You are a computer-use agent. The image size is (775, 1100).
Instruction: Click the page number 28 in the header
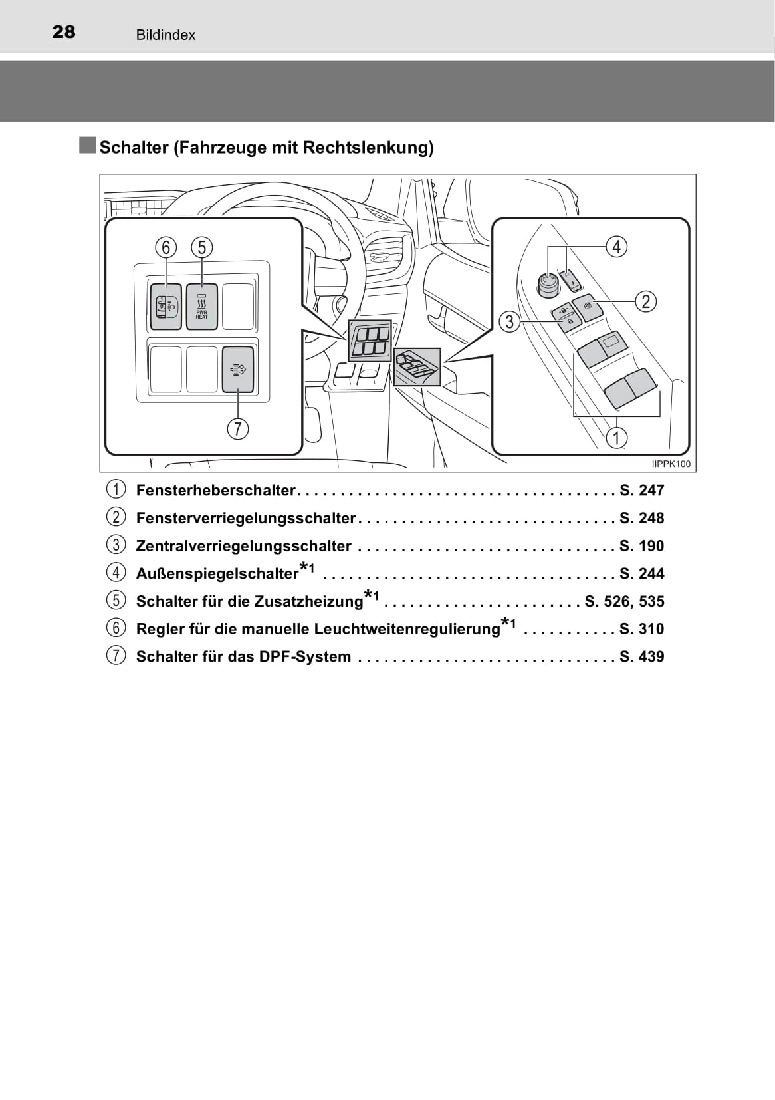[64, 32]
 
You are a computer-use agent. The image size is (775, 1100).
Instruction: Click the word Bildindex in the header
[166, 35]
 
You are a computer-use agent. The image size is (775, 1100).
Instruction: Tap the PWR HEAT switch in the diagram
[202, 306]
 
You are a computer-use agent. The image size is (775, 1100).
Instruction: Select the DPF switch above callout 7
[238, 369]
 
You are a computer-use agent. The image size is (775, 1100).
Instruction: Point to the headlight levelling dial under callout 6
[166, 306]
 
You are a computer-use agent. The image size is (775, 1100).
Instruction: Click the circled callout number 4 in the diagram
[616, 247]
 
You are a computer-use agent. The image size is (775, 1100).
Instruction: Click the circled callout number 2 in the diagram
[645, 301]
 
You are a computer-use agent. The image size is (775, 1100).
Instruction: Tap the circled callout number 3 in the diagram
[509, 322]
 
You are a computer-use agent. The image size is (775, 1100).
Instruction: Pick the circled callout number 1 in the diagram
[617, 438]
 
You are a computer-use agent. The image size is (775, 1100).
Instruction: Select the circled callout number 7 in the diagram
[237, 428]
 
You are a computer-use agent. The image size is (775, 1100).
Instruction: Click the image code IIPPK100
[671, 464]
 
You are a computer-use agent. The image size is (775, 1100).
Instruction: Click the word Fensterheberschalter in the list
[215, 491]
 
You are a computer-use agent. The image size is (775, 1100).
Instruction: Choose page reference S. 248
[641, 518]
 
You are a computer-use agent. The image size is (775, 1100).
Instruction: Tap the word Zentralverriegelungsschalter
[243, 546]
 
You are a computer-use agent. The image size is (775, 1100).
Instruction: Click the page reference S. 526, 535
[624, 601]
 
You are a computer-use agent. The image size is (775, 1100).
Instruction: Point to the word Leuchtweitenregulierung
[407, 629]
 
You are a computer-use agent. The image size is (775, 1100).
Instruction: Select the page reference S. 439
[641, 657]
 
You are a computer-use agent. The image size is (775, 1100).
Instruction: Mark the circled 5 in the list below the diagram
[116, 600]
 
